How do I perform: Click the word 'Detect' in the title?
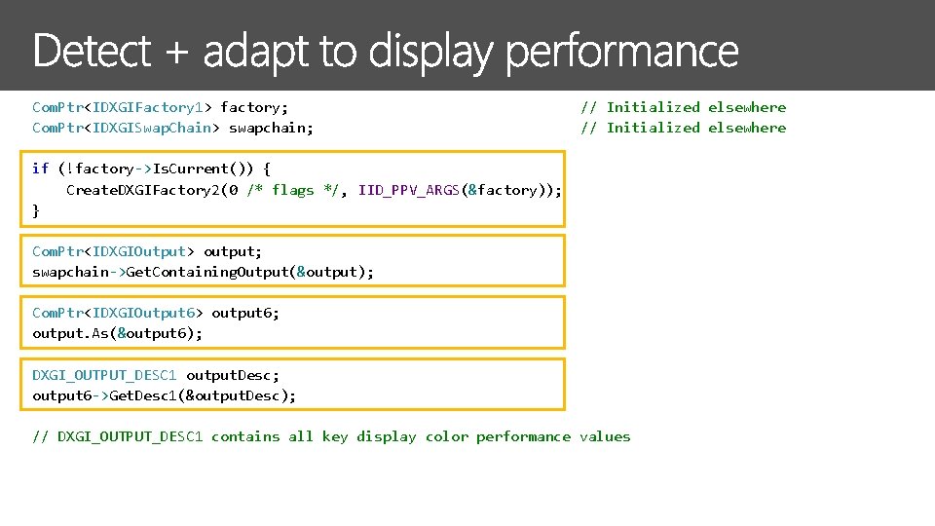tap(93, 52)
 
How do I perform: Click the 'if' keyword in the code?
tap(40, 169)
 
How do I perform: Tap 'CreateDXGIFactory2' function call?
tap(142, 190)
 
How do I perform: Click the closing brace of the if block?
tap(36, 210)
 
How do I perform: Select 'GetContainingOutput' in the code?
tap(207, 272)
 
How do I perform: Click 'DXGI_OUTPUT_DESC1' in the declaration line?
tap(104, 375)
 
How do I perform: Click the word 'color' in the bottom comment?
tap(446, 436)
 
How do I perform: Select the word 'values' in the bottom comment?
tap(605, 436)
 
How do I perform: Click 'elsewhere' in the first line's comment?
tap(747, 107)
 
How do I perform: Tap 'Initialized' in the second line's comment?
tap(653, 128)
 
